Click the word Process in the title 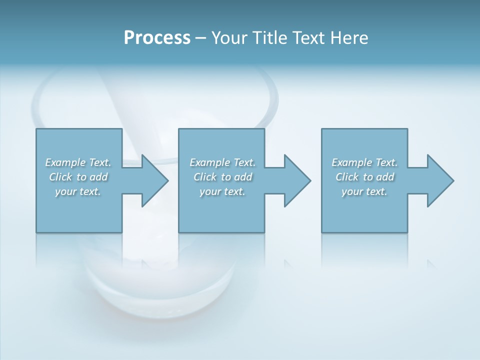click(x=157, y=38)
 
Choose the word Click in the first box click(x=61, y=177)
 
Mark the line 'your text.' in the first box click(x=78, y=191)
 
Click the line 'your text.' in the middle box click(x=222, y=191)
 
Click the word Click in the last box click(x=347, y=177)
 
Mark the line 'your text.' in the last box click(x=364, y=191)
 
